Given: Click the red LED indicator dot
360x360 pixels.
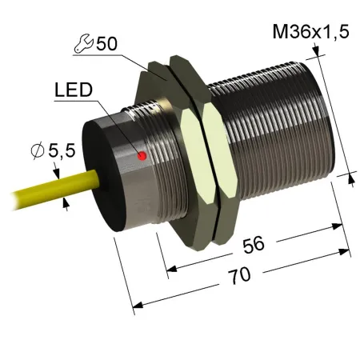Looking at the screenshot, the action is tap(142, 156).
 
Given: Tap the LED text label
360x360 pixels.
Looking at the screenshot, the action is tap(74, 90).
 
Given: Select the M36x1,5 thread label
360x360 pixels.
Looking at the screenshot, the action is tap(310, 32).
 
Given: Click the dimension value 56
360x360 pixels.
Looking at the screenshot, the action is tap(254, 244).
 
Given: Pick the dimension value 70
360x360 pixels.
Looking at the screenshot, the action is tap(240, 275).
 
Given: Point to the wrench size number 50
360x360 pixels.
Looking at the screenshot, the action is tap(106, 43).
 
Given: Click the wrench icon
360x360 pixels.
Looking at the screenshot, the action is tap(83, 43).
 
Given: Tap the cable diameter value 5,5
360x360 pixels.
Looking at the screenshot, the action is tap(62, 151).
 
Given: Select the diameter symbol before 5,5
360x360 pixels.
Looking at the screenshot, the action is tap(38, 150).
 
